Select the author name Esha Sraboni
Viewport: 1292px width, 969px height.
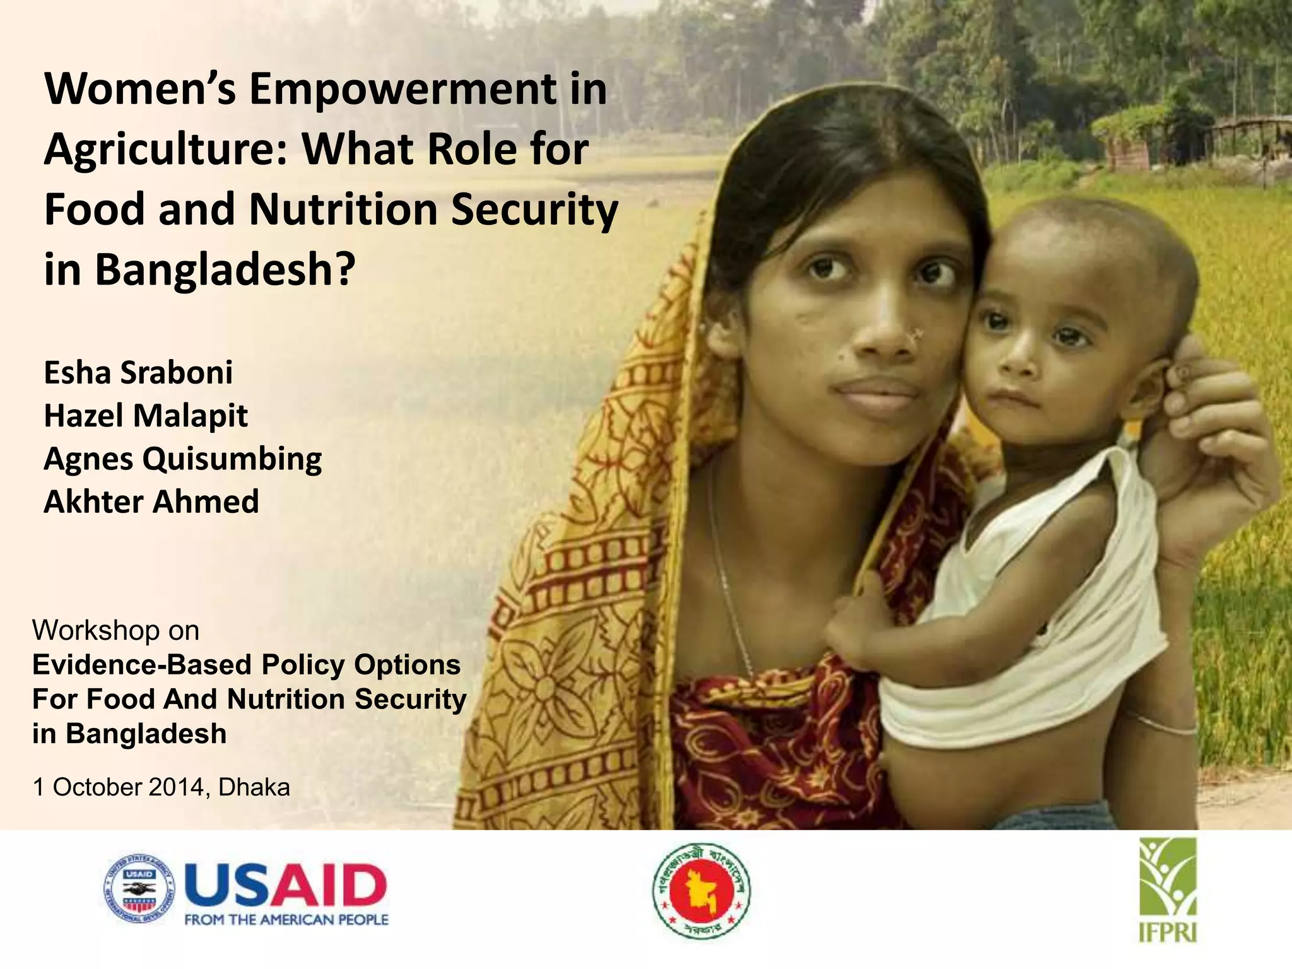click(x=138, y=373)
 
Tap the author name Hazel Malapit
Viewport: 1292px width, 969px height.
click(x=146, y=416)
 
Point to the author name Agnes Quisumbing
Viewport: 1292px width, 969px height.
click(x=182, y=459)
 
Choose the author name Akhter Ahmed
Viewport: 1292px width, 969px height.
click(x=151, y=502)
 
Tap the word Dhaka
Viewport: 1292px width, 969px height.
click(x=254, y=787)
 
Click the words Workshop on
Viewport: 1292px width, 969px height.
click(x=115, y=630)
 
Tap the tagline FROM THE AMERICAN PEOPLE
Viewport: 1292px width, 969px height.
click(x=286, y=920)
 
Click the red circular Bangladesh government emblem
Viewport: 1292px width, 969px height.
click(x=701, y=890)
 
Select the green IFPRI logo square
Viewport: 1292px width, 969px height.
click(x=1168, y=876)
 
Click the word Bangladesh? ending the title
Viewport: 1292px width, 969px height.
click(x=225, y=270)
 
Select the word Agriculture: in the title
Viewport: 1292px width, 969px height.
click(x=165, y=150)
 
